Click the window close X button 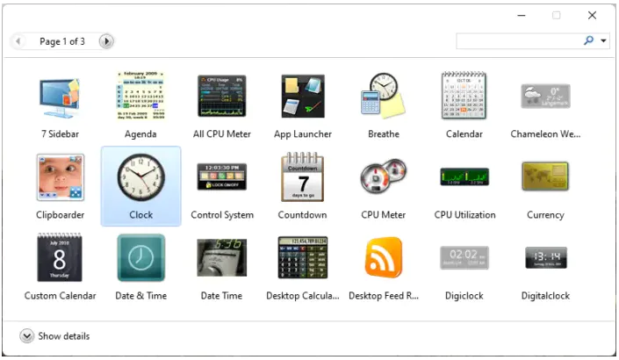point(592,16)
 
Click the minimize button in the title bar point(522,16)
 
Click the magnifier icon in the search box point(589,40)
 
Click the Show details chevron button point(26,336)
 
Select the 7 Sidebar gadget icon point(60,96)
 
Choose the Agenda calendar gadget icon point(140,96)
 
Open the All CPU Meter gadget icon point(221,96)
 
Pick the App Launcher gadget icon point(303,96)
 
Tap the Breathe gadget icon point(384,96)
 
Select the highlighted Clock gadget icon point(140,177)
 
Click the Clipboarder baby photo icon point(60,177)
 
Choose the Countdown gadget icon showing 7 point(303,177)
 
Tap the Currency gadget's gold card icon point(545,177)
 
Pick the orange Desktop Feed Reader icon point(384,258)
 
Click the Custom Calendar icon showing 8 point(60,258)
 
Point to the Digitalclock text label point(545,296)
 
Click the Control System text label point(222,215)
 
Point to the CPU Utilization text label point(464,215)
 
